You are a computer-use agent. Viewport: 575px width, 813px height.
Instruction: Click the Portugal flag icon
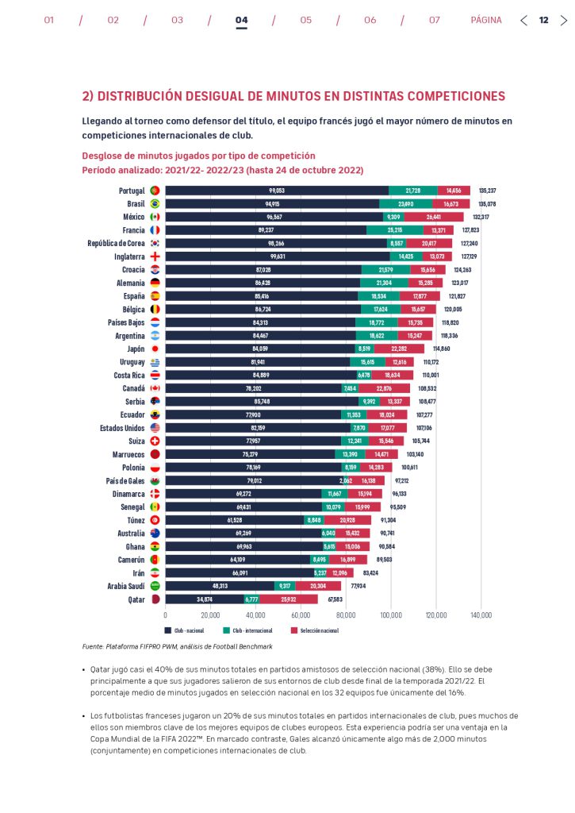pyautogui.click(x=155, y=191)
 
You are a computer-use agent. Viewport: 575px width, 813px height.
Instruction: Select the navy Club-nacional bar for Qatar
pyautogui.click(x=205, y=599)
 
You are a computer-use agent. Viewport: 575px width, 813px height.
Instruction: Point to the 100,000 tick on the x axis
pyautogui.click(x=391, y=615)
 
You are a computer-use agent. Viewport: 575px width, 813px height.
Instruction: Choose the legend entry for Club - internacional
pyautogui.click(x=246, y=630)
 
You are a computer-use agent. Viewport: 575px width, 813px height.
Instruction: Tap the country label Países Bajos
pyautogui.click(x=126, y=322)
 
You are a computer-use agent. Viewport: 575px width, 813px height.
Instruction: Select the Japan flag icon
pyautogui.click(x=155, y=349)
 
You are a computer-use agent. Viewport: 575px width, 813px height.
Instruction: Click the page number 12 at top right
pyautogui.click(x=543, y=21)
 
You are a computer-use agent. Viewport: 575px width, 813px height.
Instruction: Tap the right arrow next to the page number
pyautogui.click(x=563, y=21)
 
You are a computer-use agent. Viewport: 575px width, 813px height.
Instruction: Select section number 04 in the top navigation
pyautogui.click(x=242, y=21)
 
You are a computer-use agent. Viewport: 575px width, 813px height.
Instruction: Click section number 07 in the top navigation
pyautogui.click(x=435, y=21)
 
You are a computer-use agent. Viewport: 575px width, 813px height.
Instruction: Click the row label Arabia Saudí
pyautogui.click(x=123, y=586)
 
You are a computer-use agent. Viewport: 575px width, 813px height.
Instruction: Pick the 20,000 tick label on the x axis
pyautogui.click(x=210, y=615)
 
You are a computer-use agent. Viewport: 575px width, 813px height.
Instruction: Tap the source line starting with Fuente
pyautogui.click(x=177, y=646)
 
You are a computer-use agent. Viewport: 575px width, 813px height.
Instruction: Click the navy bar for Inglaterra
pyautogui.click(x=278, y=256)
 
